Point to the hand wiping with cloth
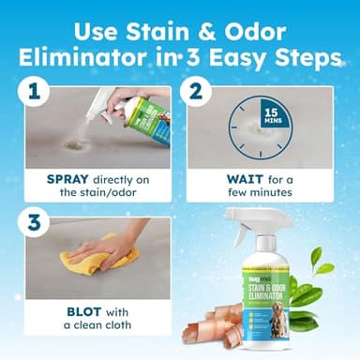[117, 246]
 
